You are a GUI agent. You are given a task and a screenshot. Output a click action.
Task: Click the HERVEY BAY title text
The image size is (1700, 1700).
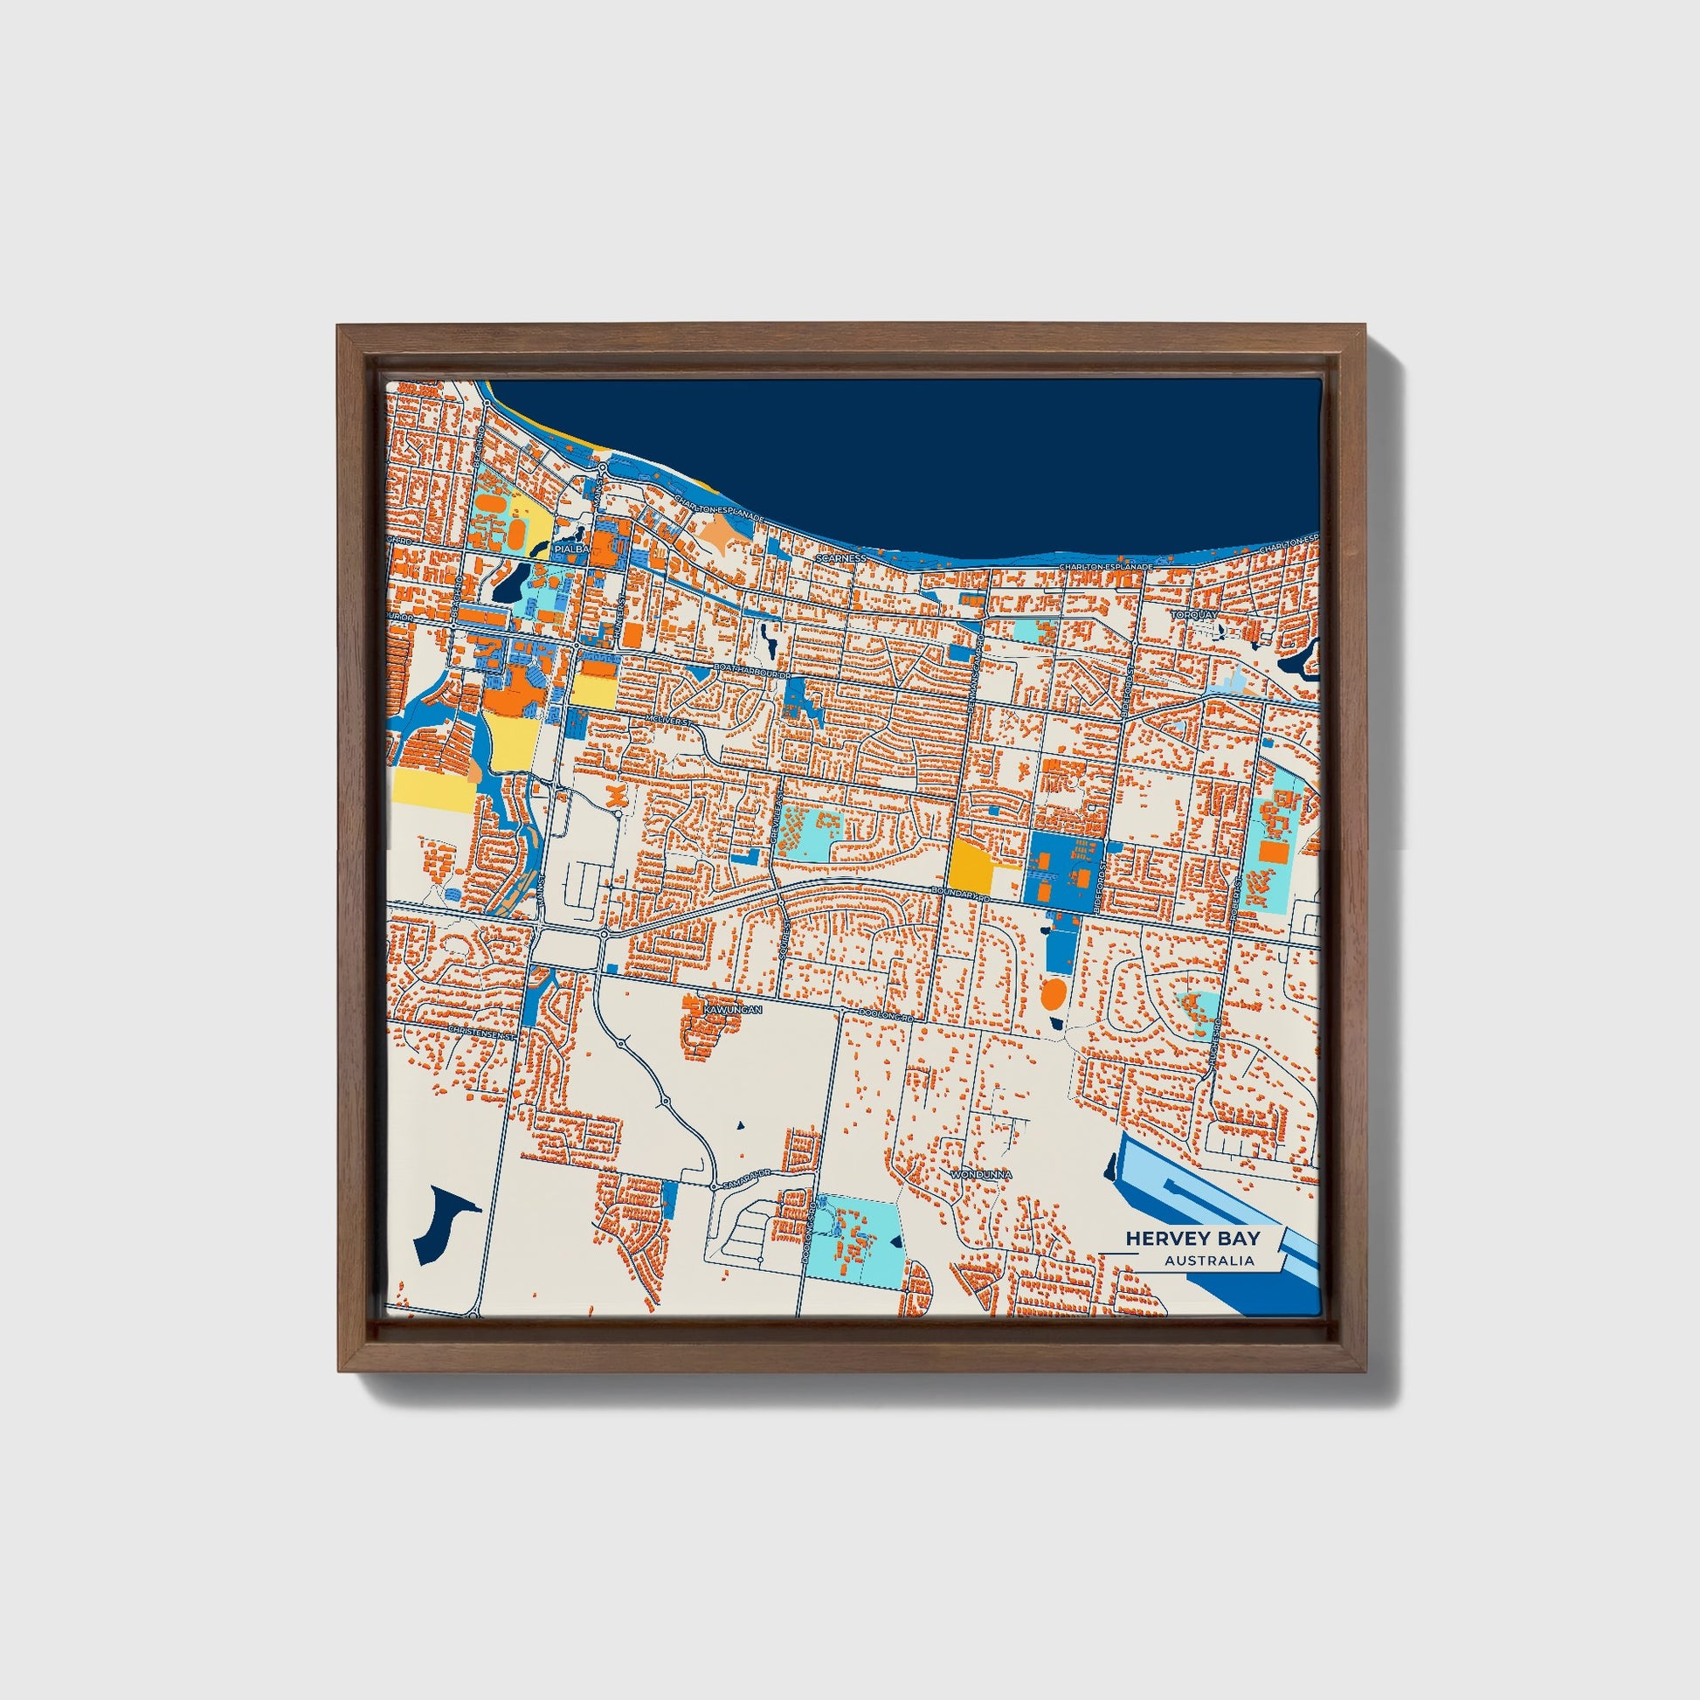pyautogui.click(x=1192, y=1238)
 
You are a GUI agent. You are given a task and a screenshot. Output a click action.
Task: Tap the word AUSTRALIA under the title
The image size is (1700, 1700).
pyautogui.click(x=1209, y=1261)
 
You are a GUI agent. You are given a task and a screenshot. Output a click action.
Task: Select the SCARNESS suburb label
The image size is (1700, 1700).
pyautogui.click(x=841, y=559)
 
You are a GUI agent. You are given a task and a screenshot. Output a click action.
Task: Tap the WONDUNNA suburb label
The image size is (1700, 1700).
pyautogui.click(x=981, y=1174)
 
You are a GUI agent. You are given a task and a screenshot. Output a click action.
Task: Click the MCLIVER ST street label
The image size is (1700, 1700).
pyautogui.click(x=671, y=721)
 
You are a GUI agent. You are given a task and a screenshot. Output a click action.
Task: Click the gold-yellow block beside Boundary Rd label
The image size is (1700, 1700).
pyautogui.click(x=970, y=865)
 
